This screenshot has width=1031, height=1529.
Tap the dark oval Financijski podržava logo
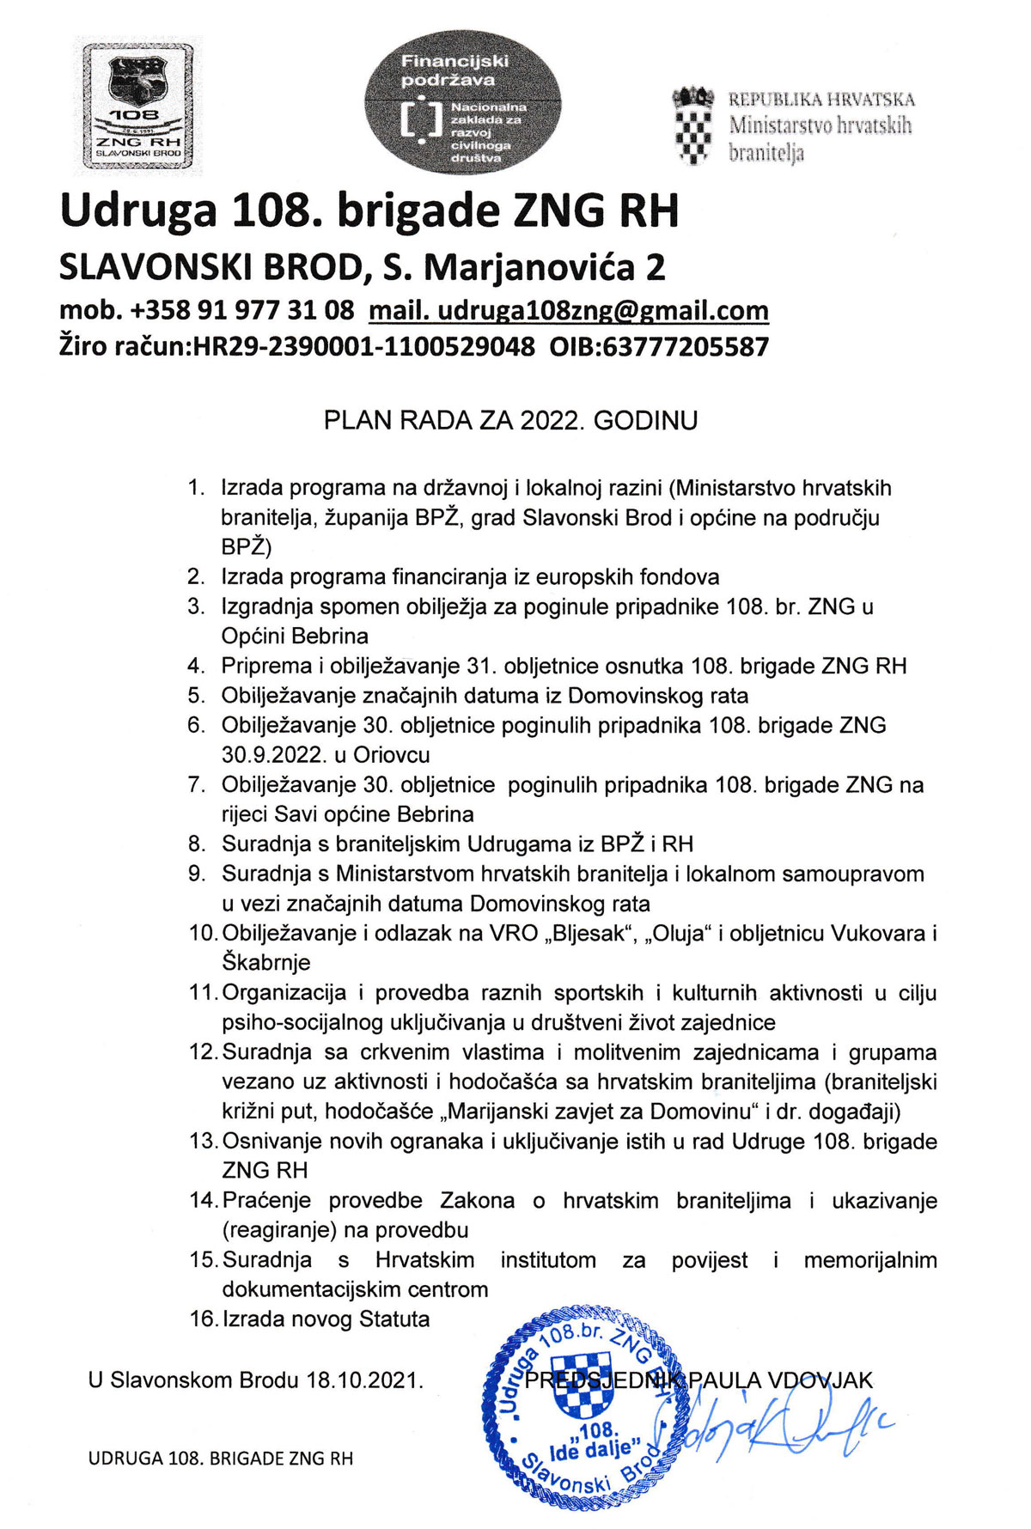(463, 104)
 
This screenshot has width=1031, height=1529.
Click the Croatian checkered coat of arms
(693, 125)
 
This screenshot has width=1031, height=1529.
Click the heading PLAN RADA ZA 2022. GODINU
(510, 421)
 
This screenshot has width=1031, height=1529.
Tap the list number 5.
(197, 695)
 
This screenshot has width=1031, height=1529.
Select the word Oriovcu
(392, 755)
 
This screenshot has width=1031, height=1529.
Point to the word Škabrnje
(266, 963)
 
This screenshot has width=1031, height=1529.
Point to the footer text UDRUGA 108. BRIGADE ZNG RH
(221, 1459)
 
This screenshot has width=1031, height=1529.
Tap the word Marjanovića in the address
(532, 268)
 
